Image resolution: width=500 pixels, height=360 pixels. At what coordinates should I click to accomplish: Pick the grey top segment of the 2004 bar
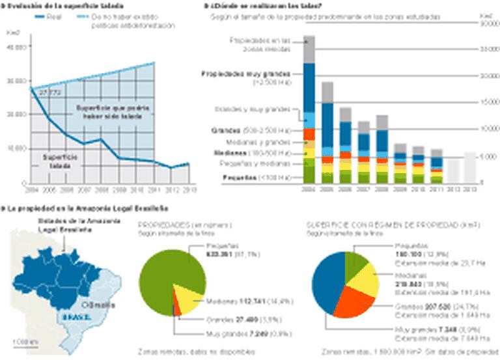click(x=309, y=49)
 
